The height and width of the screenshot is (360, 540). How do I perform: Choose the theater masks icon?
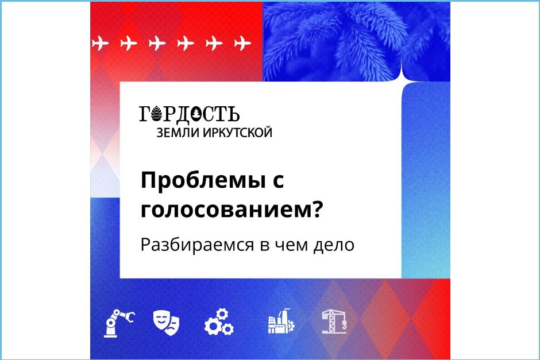click(167, 323)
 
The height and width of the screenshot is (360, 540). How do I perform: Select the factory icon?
click(280, 323)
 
